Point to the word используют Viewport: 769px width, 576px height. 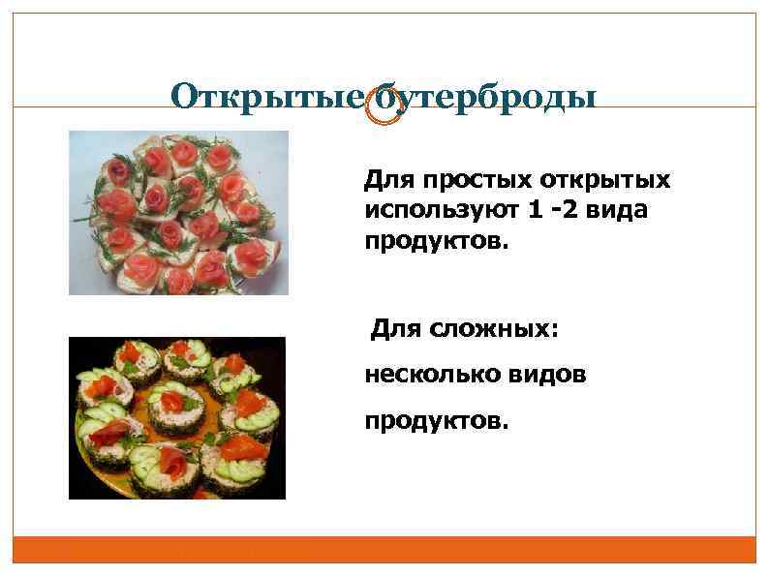[434, 210]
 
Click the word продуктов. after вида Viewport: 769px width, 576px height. [435, 239]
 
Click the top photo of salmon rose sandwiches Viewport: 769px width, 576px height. [179, 213]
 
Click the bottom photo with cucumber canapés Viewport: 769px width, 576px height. [177, 418]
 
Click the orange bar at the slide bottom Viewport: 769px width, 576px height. [384, 550]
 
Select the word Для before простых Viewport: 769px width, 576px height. [384, 181]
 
